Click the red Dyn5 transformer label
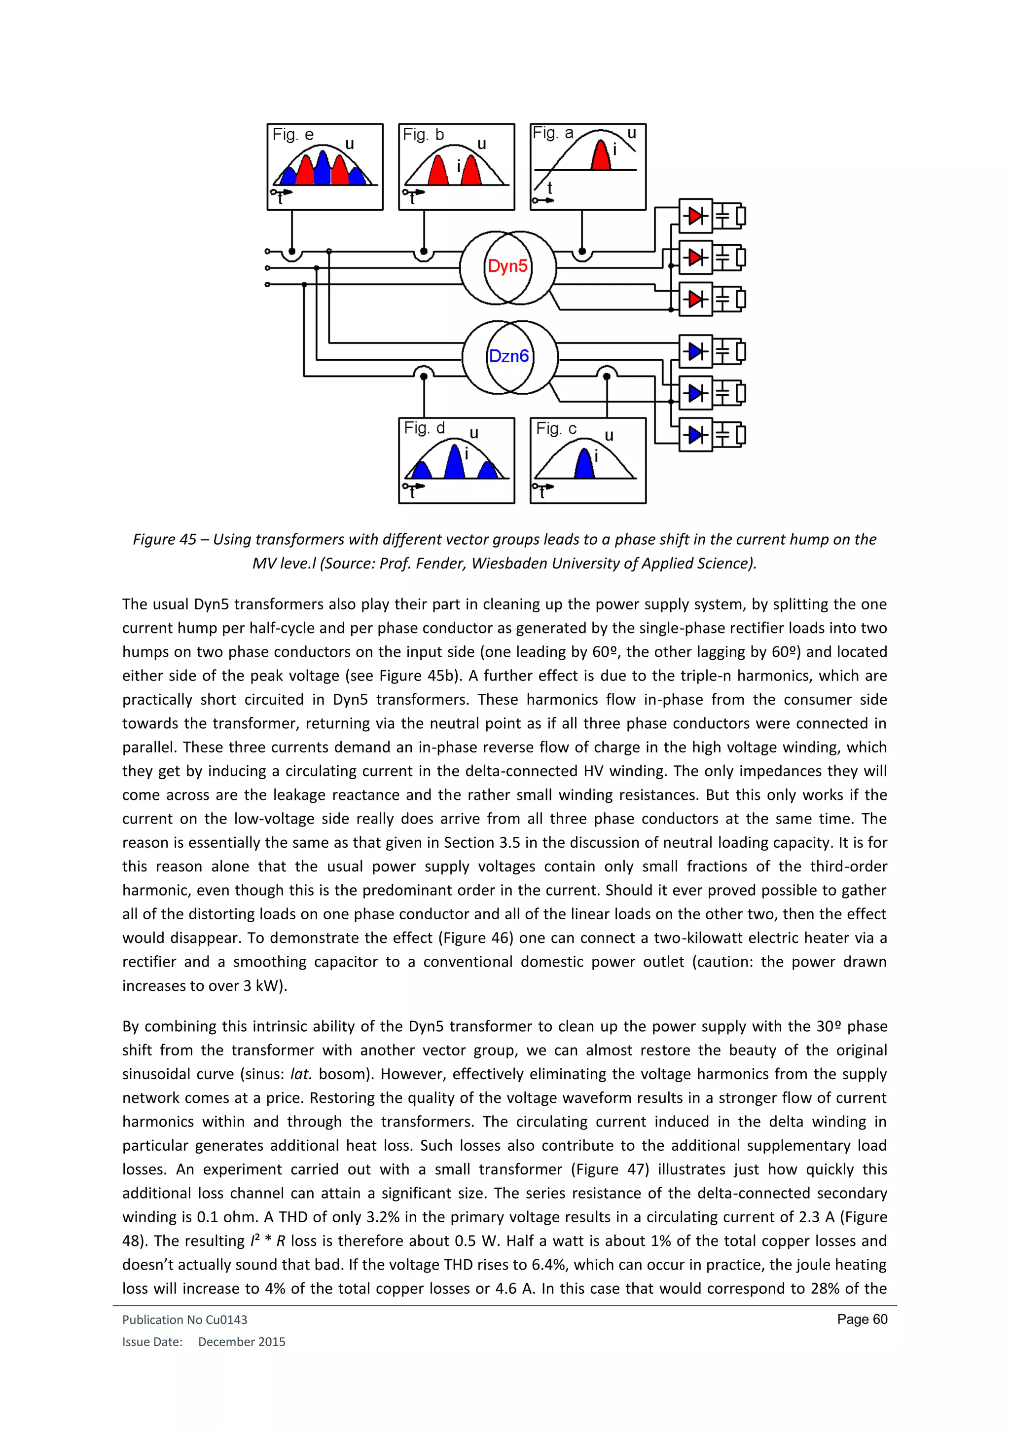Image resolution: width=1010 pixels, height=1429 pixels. (x=507, y=266)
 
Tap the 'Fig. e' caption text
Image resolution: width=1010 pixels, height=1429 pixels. (x=293, y=134)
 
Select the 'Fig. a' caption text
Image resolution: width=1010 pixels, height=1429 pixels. (x=553, y=133)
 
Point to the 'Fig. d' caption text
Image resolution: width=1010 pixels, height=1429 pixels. (x=424, y=428)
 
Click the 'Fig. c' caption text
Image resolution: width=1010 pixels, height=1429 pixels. (x=556, y=428)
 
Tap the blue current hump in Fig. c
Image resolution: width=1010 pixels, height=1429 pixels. (x=584, y=464)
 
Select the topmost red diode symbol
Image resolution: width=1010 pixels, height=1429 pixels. (x=695, y=216)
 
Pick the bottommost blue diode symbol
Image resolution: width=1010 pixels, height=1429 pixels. (x=695, y=434)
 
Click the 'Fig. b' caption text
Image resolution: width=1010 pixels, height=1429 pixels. (x=423, y=134)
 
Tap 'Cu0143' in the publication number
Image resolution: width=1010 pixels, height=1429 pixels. (x=226, y=1319)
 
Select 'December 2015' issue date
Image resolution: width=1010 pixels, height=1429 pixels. (x=241, y=1342)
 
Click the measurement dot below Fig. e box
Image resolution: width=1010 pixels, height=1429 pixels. (x=291, y=252)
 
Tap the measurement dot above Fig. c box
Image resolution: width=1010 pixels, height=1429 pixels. (x=607, y=376)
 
